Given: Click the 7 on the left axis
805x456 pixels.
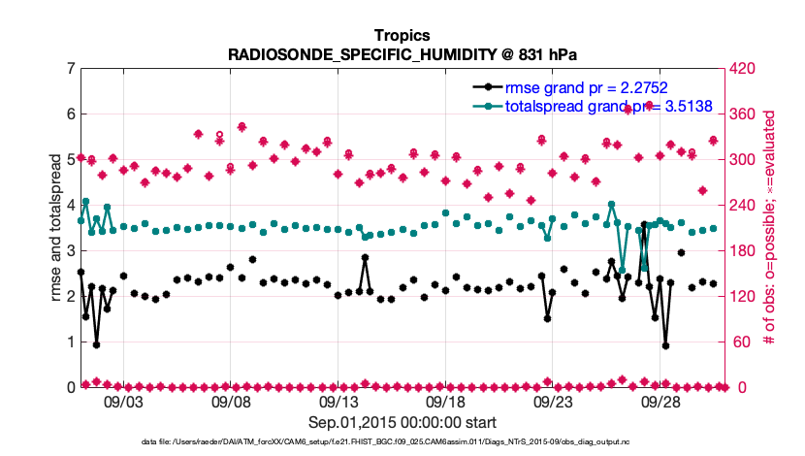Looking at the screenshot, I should (69, 69).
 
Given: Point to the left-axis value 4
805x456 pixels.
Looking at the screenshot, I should (69, 206).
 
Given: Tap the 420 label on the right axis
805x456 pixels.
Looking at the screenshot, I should (743, 69).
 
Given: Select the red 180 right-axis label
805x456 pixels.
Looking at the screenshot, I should (743, 251).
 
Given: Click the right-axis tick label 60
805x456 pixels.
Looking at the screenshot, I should (740, 342).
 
